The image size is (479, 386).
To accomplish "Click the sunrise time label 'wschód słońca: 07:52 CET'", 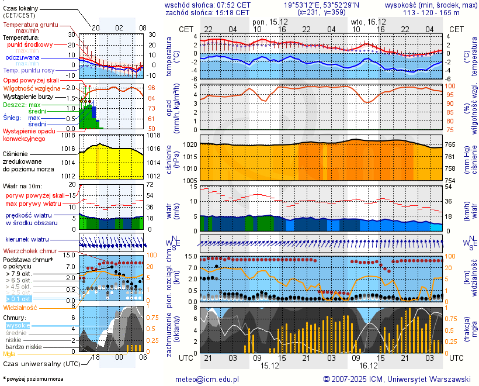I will [x=208, y=5].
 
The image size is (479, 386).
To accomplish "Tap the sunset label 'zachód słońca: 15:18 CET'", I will [x=208, y=12].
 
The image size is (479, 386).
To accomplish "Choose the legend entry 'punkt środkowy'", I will [x=30, y=44].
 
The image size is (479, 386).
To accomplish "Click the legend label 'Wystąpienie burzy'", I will [x=29, y=96].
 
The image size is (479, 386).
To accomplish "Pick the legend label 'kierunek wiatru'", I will [x=27, y=240].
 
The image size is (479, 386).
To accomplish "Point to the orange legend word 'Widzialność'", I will [x=20, y=306].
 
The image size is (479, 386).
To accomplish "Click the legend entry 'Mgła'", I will [x=9, y=354].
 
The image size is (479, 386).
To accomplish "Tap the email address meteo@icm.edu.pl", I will [x=207, y=379].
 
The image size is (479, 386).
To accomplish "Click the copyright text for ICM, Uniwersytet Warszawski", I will [x=397, y=379].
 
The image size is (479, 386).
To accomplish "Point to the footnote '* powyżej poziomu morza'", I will [x=33, y=379].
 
